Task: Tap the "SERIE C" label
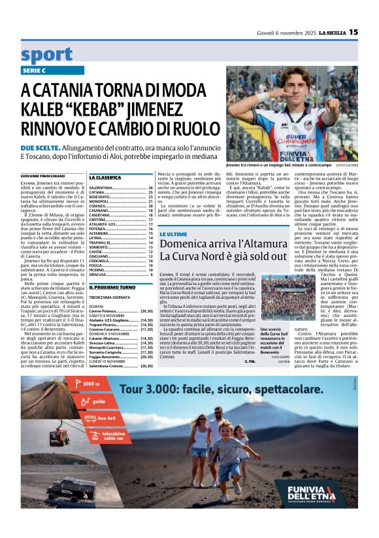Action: pos(34,70)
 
